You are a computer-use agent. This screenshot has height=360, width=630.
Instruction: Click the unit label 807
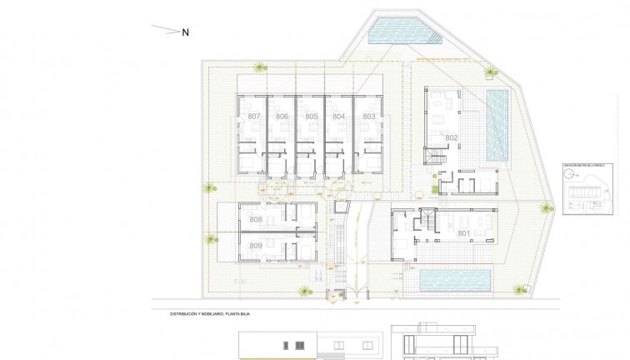[254, 117]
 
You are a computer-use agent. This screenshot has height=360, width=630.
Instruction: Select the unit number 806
[282, 117]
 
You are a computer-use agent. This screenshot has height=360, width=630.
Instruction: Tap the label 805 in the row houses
[311, 117]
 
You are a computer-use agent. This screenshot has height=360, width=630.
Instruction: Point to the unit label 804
[338, 117]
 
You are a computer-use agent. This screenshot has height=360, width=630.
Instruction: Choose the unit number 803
[368, 117]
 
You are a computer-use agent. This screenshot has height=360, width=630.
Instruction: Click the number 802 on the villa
[451, 138]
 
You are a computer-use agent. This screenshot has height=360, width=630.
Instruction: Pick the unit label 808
[256, 220]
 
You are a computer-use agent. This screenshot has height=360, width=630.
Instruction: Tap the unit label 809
[256, 246]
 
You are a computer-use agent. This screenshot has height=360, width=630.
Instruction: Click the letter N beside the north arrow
[186, 32]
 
